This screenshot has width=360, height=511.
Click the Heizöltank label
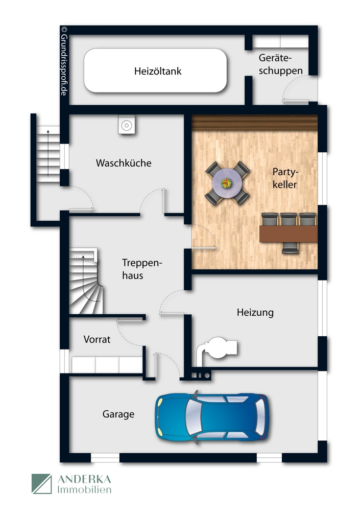158,71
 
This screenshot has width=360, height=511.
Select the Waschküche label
124,163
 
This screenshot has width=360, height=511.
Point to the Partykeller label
284,178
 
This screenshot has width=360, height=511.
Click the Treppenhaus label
141,269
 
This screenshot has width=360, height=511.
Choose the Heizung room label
255,312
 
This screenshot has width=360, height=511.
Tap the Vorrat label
97,339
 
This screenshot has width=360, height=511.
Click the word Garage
118,414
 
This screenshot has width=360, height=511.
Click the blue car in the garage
211,416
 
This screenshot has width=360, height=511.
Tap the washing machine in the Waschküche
126,125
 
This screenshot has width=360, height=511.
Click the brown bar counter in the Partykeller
289,234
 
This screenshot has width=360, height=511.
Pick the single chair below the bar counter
290,248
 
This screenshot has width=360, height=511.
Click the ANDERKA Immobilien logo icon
42,484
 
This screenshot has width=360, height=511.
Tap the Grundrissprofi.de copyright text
64,61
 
